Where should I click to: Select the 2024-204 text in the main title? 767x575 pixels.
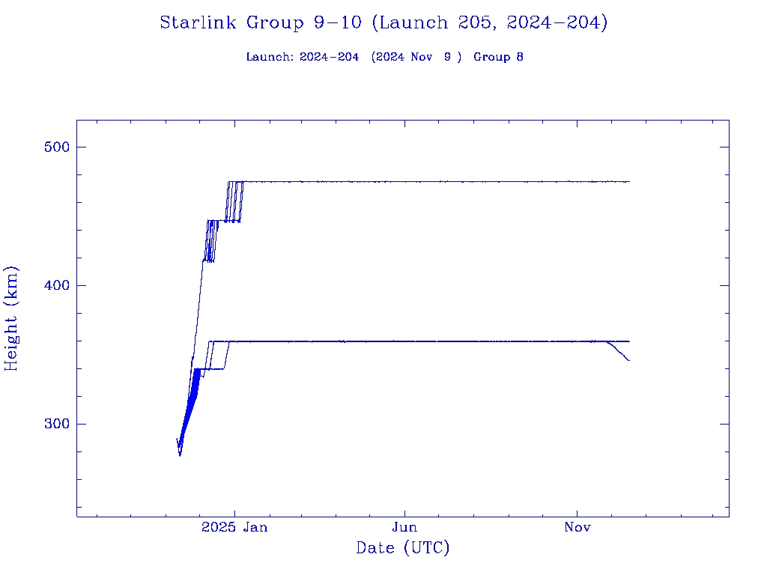point(557,23)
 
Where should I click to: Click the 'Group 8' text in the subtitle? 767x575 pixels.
point(498,57)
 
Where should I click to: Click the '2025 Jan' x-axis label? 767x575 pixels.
point(234,528)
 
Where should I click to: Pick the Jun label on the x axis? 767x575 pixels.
point(405,528)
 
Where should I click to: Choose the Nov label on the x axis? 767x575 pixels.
point(577,528)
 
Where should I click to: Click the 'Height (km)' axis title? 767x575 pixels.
point(12,318)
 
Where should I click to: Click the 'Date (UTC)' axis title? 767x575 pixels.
point(403,549)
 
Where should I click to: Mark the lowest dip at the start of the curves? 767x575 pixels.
point(180,454)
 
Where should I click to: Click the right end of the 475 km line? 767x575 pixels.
point(629,182)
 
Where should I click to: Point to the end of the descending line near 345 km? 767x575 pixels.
point(629,361)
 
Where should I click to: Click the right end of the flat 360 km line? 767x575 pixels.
point(629,341)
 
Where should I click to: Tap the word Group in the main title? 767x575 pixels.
point(273,23)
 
